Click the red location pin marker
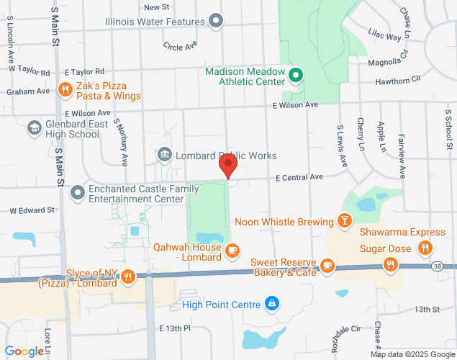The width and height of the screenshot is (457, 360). pos(229,166)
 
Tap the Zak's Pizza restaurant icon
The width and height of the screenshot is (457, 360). pos(65,89)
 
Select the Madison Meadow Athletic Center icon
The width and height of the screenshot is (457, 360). pos(294,75)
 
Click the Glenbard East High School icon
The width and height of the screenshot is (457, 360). pos(34,128)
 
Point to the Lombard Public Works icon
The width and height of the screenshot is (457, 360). pos(164,155)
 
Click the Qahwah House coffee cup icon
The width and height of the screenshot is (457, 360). pos(232,250)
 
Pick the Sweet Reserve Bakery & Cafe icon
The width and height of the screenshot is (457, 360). pos(327,266)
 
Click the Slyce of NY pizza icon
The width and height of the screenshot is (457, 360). pos(128,276)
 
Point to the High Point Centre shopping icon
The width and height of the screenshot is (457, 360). pos(271,305)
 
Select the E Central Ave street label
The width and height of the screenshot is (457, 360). pos(301,177)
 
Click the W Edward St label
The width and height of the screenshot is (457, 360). pos(32,211)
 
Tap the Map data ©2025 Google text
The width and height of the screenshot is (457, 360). pos(412,354)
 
